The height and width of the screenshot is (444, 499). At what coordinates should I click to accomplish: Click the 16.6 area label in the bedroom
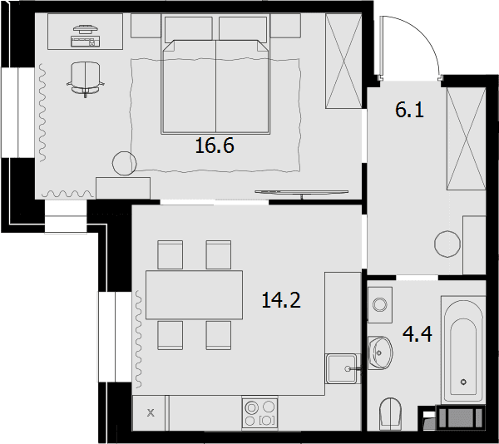tap(215, 146)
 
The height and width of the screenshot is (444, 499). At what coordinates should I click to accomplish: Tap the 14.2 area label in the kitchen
tap(281, 300)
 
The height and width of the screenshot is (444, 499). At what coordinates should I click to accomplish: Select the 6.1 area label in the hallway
tap(409, 110)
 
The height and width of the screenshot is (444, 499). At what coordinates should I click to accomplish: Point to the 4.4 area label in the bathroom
tap(417, 334)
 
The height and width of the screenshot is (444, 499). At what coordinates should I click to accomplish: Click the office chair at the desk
tap(86, 79)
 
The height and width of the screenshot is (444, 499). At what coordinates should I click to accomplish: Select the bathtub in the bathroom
tap(463, 350)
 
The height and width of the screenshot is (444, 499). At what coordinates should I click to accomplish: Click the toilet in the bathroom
tap(391, 413)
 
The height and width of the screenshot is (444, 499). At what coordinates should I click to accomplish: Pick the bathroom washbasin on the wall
tap(380, 353)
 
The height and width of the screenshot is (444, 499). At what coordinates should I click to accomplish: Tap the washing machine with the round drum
tap(380, 304)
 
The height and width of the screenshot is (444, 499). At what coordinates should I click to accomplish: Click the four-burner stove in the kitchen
tap(259, 413)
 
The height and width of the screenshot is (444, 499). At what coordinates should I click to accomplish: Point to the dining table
tap(194, 295)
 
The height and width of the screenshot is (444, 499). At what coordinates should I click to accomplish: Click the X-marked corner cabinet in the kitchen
tap(151, 413)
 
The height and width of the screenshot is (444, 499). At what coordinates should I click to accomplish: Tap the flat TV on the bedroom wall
tap(301, 193)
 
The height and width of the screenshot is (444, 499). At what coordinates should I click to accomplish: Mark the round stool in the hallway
tap(447, 244)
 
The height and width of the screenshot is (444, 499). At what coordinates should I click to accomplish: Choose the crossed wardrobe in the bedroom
tap(343, 61)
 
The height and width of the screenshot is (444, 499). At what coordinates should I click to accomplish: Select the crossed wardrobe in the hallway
tap(467, 139)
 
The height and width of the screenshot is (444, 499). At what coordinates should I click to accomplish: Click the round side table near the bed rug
tap(125, 163)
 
